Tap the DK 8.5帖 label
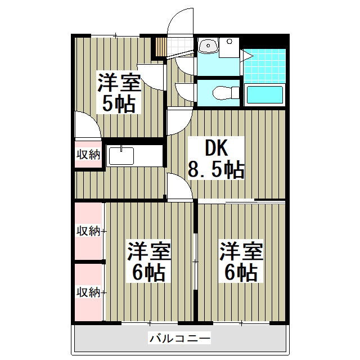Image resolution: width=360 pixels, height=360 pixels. [216, 158]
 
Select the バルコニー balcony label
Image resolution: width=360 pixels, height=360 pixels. [179, 338]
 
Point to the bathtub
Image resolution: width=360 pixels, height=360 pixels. [264, 94]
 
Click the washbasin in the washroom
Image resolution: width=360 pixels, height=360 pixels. [208, 46]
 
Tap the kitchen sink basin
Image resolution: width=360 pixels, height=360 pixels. [121, 156]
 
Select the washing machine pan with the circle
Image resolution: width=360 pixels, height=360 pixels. [229, 47]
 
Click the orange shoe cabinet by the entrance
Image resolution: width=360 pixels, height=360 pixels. [161, 47]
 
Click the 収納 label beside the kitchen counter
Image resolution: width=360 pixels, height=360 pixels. [88, 154]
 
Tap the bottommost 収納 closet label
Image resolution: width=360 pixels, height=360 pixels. [88, 292]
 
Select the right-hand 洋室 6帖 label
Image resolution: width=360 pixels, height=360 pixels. [241, 261]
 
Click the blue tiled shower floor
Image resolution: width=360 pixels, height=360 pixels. [264, 65]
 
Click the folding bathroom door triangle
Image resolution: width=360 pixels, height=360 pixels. [246, 56]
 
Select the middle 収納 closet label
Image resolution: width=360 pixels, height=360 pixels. [88, 231]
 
